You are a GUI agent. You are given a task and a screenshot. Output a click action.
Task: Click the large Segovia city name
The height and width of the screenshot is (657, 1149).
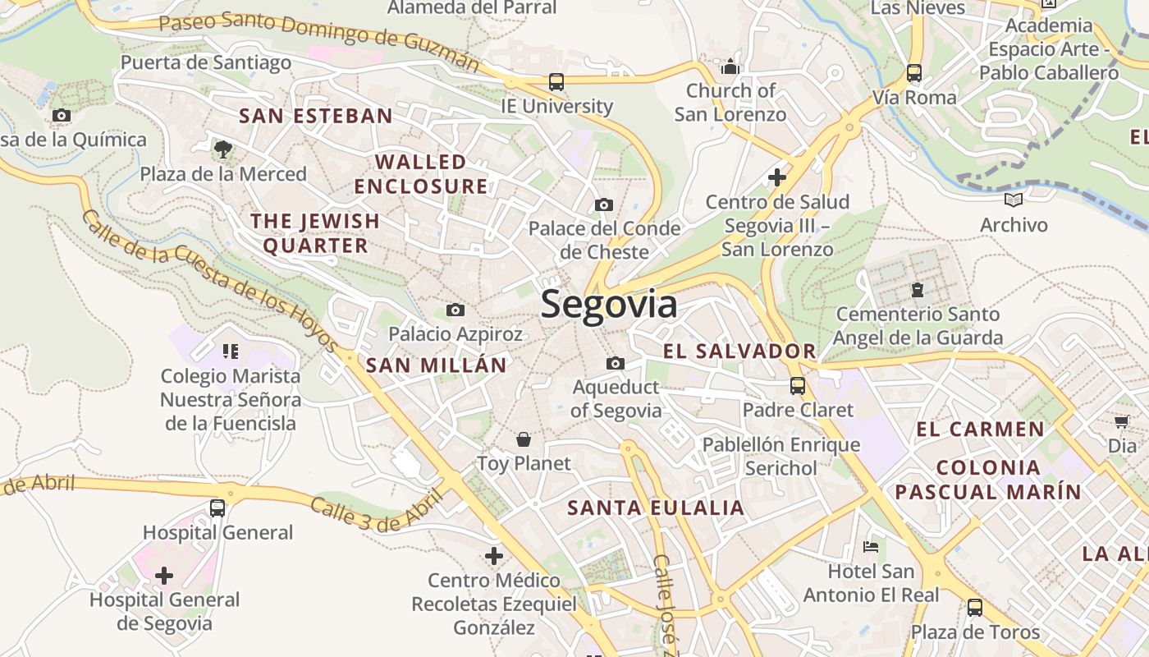[x=609, y=305]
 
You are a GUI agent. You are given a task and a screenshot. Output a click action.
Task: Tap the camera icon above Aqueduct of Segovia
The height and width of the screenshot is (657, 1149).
[x=615, y=363]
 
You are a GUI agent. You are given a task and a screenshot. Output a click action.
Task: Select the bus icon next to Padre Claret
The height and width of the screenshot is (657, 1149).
[x=797, y=385]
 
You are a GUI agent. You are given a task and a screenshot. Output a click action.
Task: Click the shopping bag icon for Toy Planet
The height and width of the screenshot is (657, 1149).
[x=523, y=439]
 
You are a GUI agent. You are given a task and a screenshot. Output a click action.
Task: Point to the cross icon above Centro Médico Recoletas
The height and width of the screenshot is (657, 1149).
[x=493, y=556]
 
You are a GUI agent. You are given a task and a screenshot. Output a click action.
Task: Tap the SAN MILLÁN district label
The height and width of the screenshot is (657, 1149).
[x=436, y=365]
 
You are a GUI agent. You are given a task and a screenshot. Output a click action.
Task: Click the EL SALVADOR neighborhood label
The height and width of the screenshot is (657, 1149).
[x=739, y=351]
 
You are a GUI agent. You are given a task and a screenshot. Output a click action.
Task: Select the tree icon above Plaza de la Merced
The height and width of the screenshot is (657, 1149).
[x=222, y=149]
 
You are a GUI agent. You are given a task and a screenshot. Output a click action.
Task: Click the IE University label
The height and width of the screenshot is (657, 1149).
[x=556, y=106]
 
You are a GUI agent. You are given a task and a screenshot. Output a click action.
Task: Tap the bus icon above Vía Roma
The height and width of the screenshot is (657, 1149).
[x=914, y=73]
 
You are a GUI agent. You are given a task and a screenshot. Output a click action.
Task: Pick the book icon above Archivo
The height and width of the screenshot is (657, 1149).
[x=1014, y=200]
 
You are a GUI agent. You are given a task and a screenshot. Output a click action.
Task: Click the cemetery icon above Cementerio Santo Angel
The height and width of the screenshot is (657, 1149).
[x=917, y=290]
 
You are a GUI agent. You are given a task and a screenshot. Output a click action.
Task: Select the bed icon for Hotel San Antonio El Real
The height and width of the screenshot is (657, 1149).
[x=871, y=546]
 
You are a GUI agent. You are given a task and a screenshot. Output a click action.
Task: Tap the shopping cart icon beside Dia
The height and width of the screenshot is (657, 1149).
[x=1121, y=422]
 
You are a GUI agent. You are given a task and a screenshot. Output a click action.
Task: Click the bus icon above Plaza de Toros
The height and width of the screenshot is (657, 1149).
[x=974, y=608]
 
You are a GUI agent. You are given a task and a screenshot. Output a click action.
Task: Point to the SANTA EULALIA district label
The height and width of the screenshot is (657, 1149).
[x=656, y=508]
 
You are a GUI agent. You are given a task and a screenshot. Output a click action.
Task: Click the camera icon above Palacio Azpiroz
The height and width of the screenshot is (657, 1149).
[x=455, y=310]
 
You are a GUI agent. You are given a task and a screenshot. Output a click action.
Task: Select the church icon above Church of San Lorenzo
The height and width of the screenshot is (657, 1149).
[x=730, y=66]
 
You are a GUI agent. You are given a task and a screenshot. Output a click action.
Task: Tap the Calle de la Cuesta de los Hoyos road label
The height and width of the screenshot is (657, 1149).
[x=209, y=279]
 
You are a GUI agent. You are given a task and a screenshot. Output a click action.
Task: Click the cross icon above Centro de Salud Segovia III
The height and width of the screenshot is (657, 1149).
[x=776, y=177]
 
